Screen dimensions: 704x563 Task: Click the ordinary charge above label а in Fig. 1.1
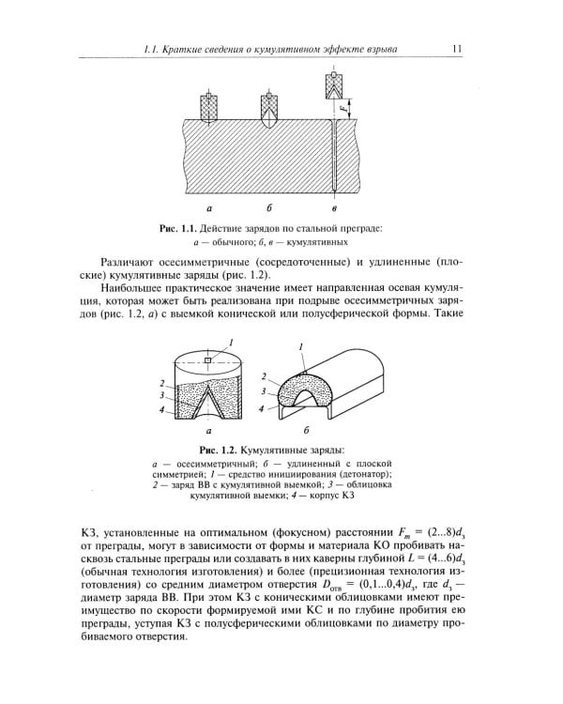click(x=209, y=103)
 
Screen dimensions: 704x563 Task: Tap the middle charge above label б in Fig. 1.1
click(x=271, y=106)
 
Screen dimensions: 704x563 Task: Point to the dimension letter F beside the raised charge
click(x=345, y=109)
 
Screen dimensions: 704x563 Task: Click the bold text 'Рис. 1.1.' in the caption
click(x=182, y=228)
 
